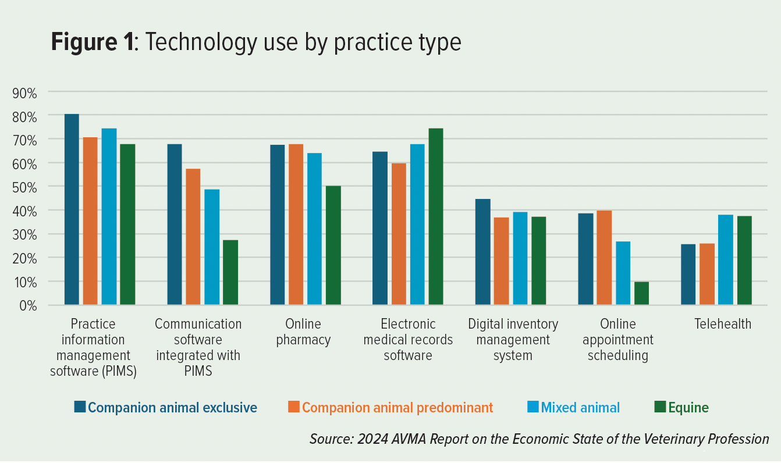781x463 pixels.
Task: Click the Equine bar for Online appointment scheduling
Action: click(641, 293)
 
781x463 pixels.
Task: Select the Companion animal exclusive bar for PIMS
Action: click(72, 209)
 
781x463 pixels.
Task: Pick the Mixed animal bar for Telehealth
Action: click(726, 259)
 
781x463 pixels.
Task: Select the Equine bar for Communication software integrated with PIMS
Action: click(230, 272)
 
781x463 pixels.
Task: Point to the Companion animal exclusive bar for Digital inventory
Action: click(483, 252)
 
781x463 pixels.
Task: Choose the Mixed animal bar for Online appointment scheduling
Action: click(623, 273)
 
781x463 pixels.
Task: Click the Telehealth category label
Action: click(723, 324)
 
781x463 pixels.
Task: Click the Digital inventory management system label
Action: click(513, 339)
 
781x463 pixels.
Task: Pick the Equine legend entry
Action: click(688, 408)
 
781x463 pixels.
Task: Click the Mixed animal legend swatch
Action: click(532, 407)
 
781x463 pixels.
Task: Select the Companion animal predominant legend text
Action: click(397, 408)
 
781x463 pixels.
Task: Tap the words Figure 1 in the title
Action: click(93, 43)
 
